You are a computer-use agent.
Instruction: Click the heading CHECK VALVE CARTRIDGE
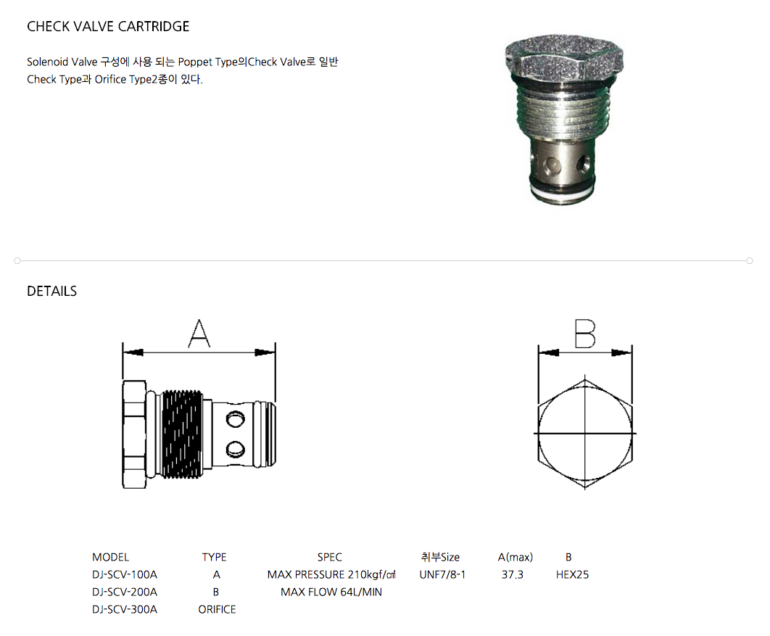108,27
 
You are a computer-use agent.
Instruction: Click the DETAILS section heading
51,292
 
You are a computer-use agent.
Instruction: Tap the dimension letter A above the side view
199,334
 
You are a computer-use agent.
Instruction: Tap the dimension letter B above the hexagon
585,334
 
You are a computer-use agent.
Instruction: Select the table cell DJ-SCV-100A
124,574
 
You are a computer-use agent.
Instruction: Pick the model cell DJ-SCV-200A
124,592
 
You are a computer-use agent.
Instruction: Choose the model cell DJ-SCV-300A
124,609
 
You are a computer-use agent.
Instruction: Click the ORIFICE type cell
217,609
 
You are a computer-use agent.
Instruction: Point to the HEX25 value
572,574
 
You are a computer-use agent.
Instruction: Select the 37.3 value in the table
512,574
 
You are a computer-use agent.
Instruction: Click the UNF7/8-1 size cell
442,574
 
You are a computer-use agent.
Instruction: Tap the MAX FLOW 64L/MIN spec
331,592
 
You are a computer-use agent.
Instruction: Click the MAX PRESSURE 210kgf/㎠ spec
331,574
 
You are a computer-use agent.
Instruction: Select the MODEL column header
110,558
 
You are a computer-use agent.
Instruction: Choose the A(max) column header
515,558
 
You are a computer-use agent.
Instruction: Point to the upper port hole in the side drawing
235,419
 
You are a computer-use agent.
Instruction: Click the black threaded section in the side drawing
182,434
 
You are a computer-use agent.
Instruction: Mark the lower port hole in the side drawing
235,449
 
